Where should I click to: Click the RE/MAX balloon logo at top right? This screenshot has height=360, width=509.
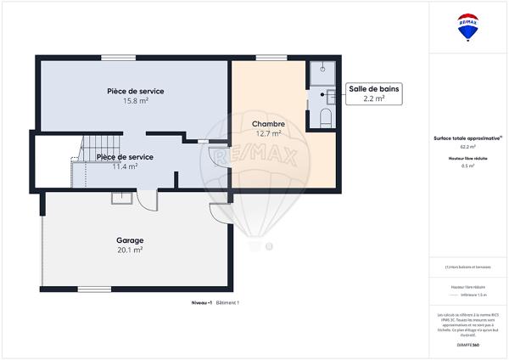468,27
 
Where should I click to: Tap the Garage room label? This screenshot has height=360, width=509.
130,239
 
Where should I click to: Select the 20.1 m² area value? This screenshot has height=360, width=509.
130,250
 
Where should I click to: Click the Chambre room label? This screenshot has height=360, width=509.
268,124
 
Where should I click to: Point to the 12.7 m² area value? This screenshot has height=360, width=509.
268,134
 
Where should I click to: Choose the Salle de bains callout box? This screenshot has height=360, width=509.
374,93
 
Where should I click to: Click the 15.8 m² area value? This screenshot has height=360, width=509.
136,101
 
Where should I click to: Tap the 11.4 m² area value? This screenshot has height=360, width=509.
125,166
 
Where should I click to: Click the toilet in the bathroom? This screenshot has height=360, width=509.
324,116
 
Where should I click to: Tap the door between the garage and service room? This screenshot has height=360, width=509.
147,200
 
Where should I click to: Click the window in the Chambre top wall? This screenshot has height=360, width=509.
270,58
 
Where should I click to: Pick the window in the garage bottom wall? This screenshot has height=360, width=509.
94,290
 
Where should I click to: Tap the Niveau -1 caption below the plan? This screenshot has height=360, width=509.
201,303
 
